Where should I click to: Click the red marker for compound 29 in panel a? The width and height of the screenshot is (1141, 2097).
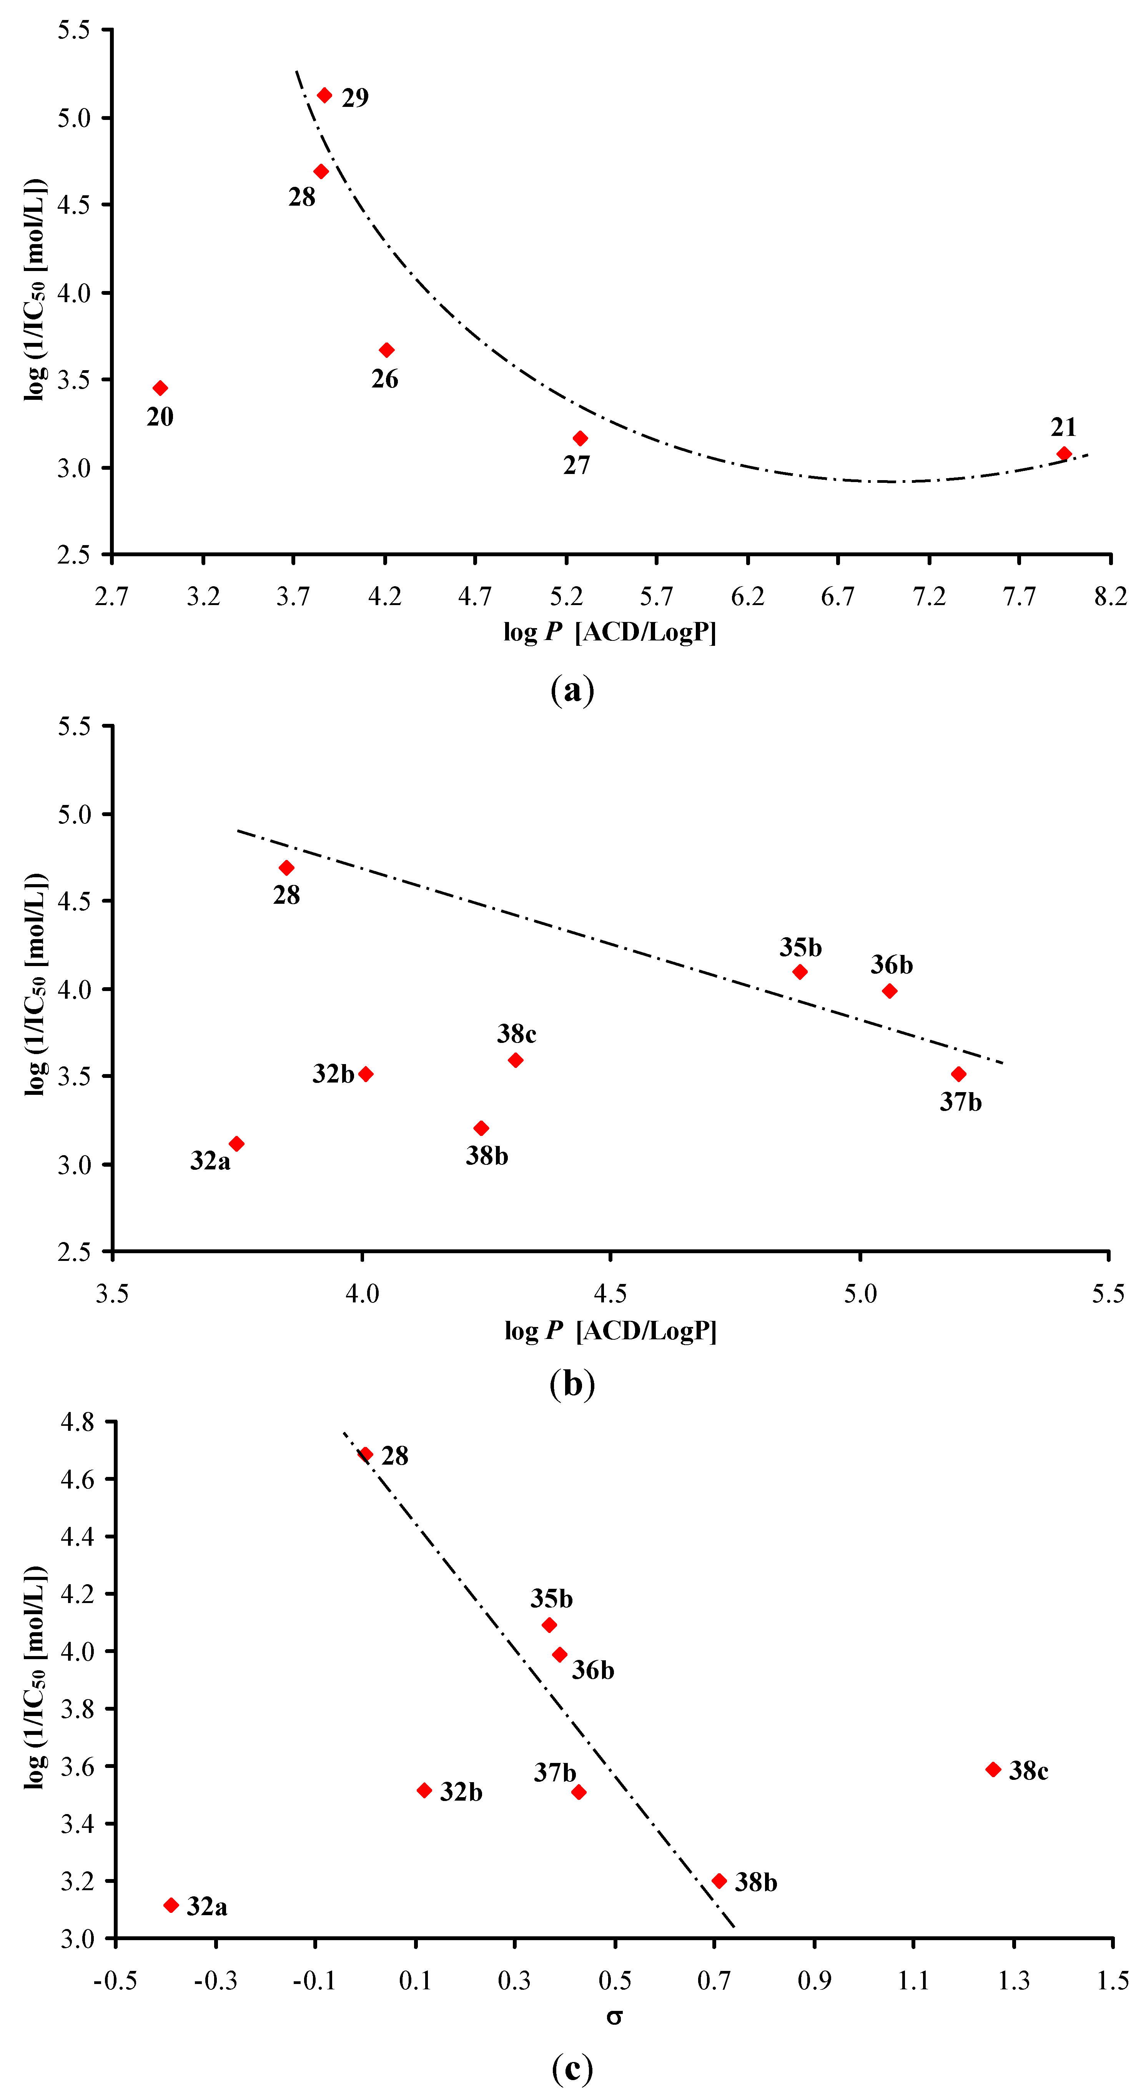(324, 95)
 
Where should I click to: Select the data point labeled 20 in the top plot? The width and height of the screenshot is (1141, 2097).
(160, 388)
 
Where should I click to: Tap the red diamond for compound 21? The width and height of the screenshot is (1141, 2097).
(1064, 454)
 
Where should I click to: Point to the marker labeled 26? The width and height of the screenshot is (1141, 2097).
(387, 350)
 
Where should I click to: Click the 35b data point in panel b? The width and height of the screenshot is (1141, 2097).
(800, 972)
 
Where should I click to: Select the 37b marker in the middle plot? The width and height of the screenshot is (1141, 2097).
(959, 1074)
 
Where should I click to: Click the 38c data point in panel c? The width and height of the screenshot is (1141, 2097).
(993, 1770)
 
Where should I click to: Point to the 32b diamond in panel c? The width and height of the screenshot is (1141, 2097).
(424, 1791)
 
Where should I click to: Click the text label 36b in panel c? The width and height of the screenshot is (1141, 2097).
(592, 1671)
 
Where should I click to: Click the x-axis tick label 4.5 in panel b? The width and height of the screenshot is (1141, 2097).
(610, 1294)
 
